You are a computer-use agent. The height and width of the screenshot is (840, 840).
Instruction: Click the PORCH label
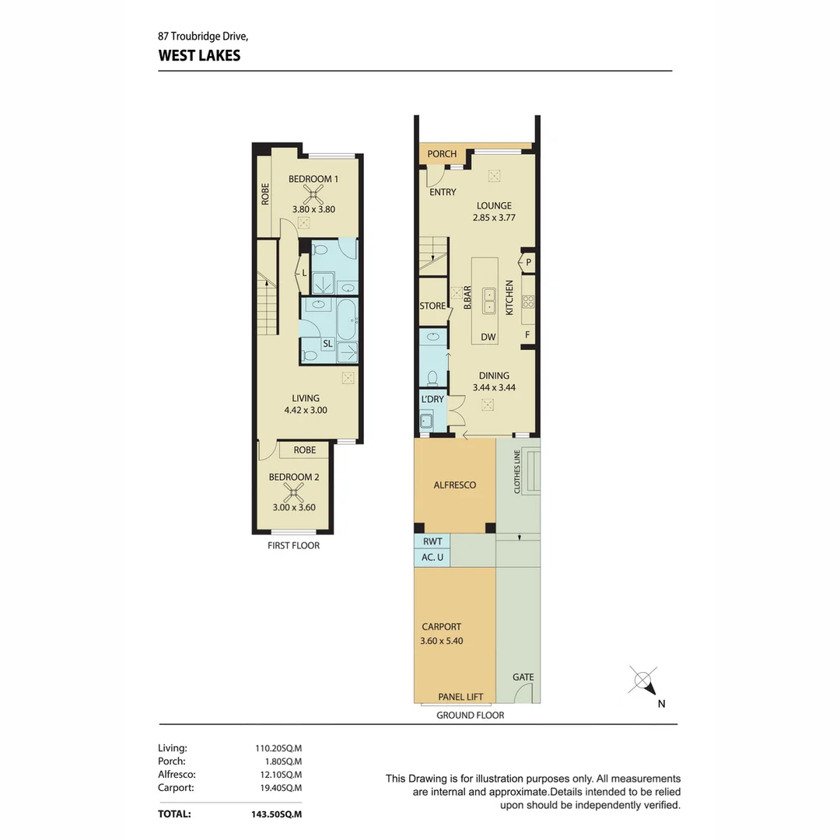click(442, 154)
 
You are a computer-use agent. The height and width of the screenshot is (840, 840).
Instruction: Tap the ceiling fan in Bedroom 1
click(313, 194)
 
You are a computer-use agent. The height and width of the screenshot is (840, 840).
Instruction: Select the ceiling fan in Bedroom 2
click(293, 492)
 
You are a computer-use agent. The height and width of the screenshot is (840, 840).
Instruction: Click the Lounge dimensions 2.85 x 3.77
click(494, 218)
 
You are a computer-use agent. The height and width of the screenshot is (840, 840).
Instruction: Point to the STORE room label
click(432, 306)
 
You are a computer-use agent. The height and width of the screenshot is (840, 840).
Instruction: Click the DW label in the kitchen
click(488, 337)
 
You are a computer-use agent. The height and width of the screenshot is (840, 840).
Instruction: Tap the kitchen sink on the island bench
click(489, 300)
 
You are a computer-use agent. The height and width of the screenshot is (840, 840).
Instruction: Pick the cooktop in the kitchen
click(528, 301)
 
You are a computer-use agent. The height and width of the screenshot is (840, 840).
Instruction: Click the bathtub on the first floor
click(347, 319)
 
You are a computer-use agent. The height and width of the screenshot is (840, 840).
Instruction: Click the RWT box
click(432, 541)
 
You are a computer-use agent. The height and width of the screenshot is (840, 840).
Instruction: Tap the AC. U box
click(432, 558)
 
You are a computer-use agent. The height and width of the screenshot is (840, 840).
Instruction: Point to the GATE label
click(523, 677)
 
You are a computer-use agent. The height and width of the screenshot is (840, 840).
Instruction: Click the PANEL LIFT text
click(460, 697)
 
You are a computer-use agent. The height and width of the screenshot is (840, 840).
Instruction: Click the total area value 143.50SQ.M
click(276, 814)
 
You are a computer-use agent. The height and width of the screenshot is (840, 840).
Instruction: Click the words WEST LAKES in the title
click(199, 56)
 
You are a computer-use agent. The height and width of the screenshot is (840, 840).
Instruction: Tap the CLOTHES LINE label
click(517, 472)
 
